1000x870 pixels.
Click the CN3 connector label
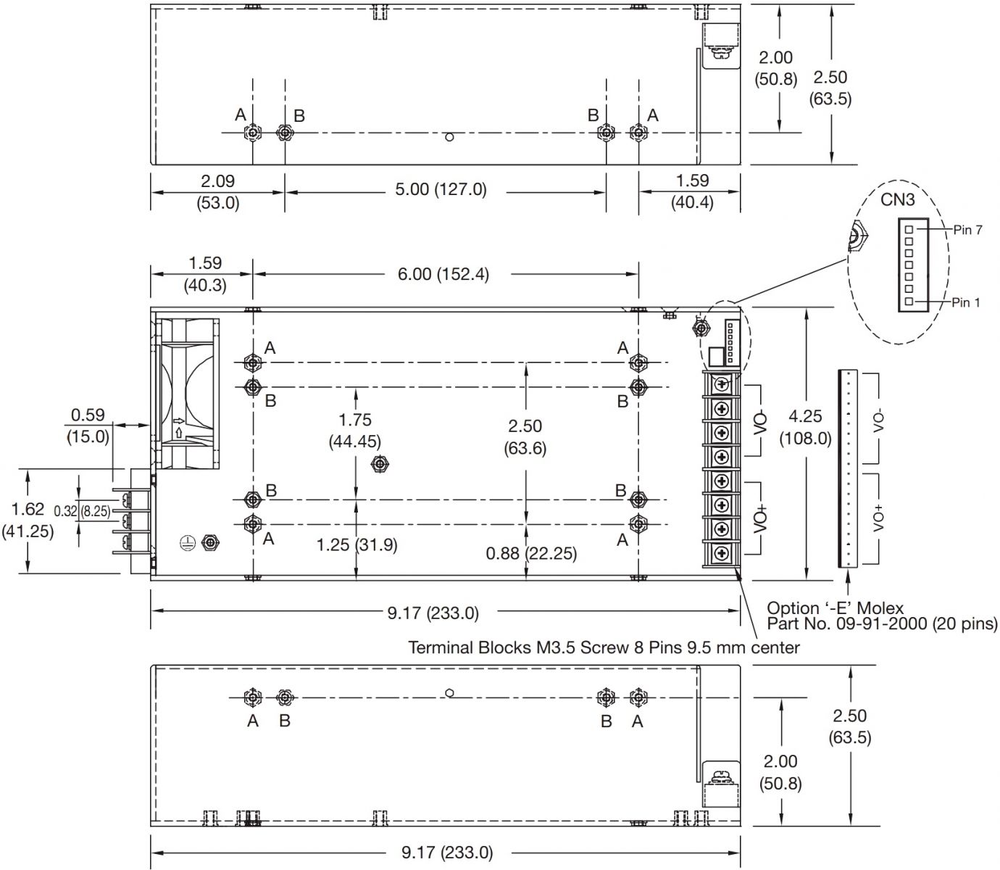(x=898, y=199)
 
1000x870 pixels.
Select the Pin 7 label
(x=967, y=230)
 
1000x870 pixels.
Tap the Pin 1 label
(x=965, y=302)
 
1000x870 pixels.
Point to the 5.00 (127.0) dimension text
(x=441, y=190)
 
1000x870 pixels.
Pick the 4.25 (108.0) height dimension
(x=805, y=427)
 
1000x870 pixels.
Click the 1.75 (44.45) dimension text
(x=354, y=430)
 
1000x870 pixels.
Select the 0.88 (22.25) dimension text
(x=532, y=554)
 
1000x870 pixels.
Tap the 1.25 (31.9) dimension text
(x=357, y=544)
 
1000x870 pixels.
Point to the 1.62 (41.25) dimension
(x=28, y=520)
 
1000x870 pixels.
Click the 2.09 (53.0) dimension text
(x=217, y=191)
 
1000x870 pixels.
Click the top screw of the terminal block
(x=722, y=384)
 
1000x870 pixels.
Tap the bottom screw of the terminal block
(x=722, y=555)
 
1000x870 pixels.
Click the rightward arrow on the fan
(x=178, y=420)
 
